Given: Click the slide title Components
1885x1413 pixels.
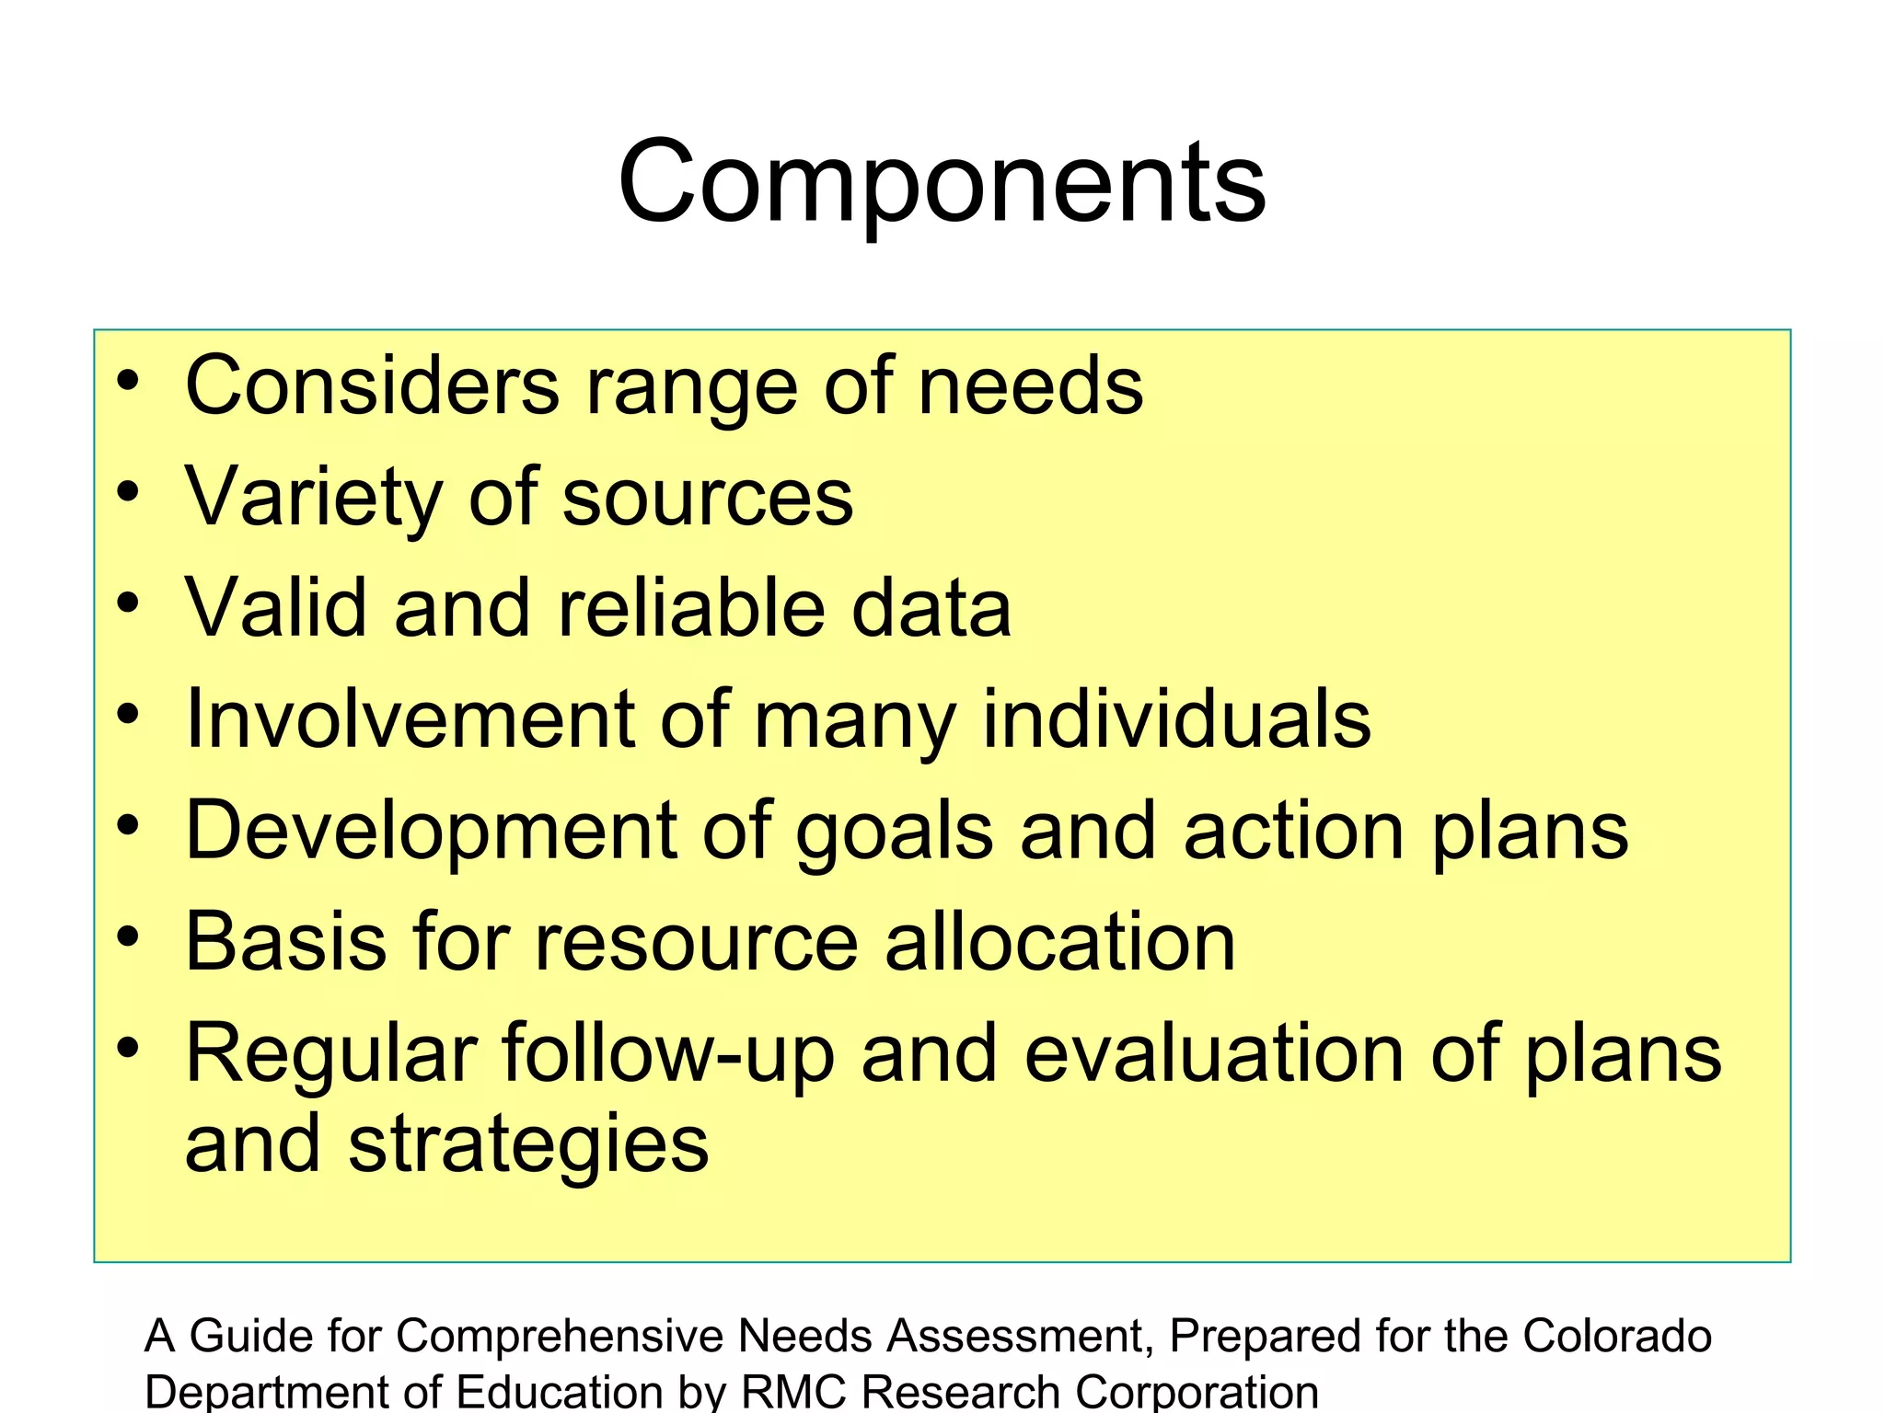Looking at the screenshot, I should click(x=942, y=181).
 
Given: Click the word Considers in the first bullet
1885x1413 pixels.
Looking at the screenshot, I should click(x=373, y=385).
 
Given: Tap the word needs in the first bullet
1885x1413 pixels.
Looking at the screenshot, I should click(x=1031, y=385).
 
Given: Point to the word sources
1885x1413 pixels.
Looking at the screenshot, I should click(x=707, y=498).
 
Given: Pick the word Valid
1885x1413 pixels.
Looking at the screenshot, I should click(x=276, y=608).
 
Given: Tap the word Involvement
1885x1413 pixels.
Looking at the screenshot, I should click(x=411, y=719).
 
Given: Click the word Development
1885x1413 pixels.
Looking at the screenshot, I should click(x=432, y=832).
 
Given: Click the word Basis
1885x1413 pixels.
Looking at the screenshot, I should click(x=286, y=942).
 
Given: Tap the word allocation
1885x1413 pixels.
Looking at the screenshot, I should click(x=1059, y=942).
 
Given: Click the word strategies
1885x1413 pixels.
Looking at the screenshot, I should click(x=528, y=1146).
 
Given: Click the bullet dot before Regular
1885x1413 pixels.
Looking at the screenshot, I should click(x=128, y=1046).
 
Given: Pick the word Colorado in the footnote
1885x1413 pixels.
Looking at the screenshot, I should click(x=1616, y=1336).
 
